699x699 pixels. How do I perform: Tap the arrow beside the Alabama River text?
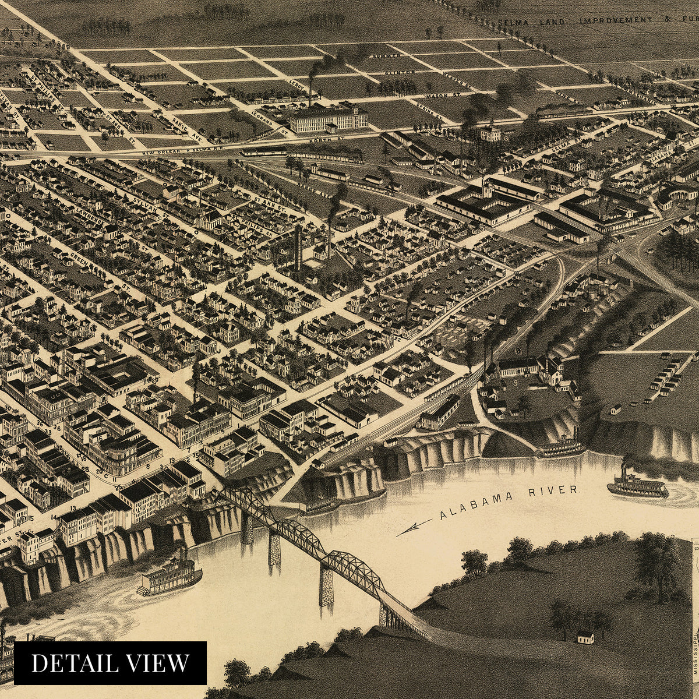point(414,528)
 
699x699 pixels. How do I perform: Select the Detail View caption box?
point(111,662)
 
